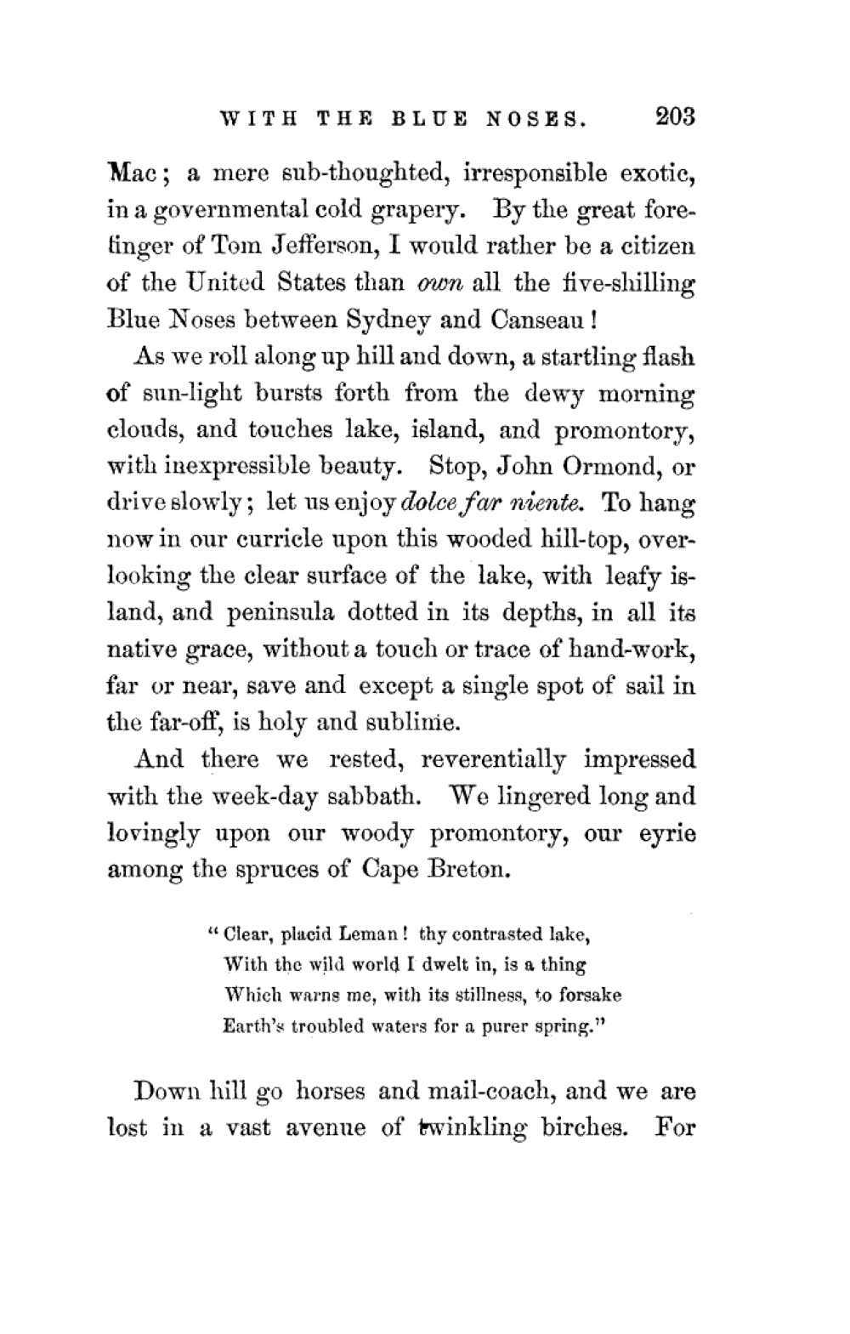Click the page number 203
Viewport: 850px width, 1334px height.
[675, 116]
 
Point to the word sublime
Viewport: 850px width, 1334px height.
[413, 724]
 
